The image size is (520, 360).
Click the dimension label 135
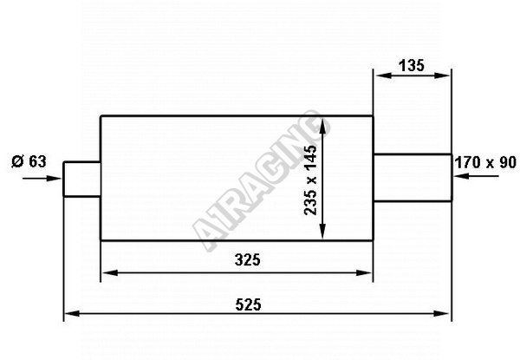pos(411,65)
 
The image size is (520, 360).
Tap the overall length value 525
pos(249,304)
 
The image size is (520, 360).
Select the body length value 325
pos(247,259)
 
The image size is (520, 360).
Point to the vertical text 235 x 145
pos(310,180)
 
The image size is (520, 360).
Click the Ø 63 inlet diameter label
pos(29,161)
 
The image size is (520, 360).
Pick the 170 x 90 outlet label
pos(485,162)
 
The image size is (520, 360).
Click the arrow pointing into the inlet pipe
pos(42,179)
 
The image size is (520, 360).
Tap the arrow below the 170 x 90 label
pos(476,176)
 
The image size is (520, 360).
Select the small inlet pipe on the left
pos(82,180)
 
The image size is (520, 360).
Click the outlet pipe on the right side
pos(413,178)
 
